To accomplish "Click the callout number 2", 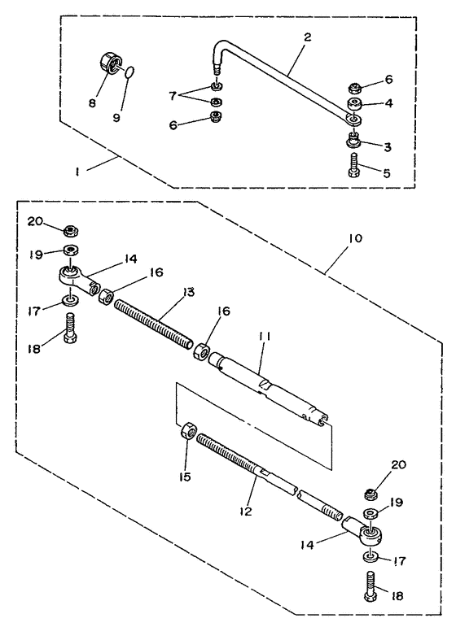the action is (x=307, y=37).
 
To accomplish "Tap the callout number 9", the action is (x=116, y=119).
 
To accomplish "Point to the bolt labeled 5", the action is (x=355, y=165).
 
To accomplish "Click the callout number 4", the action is (x=388, y=102).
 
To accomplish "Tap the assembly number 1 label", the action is (x=77, y=172).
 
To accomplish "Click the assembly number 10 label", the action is (x=355, y=238).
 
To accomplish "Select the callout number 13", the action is (x=188, y=292).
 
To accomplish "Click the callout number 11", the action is (x=264, y=337).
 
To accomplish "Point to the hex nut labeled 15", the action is (x=187, y=432).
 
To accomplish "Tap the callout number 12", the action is (x=246, y=511).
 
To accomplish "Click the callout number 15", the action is (x=185, y=477).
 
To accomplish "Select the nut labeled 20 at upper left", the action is (x=71, y=231).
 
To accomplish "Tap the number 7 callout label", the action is (x=173, y=96).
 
